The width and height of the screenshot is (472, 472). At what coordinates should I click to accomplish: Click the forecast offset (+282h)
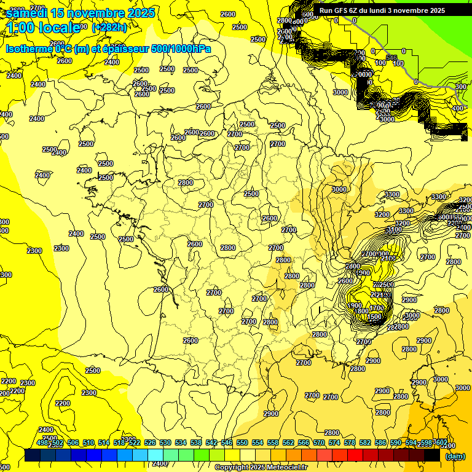coord(109,27)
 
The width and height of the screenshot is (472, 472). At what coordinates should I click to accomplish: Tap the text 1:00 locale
coord(43,27)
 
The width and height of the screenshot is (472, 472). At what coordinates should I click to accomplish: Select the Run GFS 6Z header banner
coord(382,10)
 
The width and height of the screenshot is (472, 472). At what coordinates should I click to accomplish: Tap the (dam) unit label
coord(455,455)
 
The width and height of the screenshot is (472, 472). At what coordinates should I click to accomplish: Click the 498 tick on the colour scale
coord(42,442)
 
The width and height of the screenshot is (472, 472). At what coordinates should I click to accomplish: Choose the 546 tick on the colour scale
coord(226,442)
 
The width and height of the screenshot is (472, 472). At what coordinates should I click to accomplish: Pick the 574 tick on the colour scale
coord(334,442)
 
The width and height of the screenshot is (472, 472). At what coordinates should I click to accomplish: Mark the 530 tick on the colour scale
coord(165,442)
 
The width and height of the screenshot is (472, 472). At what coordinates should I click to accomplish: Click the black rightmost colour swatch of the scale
coord(432,455)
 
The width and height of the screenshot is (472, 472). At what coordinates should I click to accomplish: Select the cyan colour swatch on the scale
coord(155,455)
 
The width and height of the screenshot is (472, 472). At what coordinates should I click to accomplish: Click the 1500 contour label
coord(374,316)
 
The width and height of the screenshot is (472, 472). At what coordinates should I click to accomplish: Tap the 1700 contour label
coord(377,308)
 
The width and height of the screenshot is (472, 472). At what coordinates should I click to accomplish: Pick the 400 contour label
coord(457,108)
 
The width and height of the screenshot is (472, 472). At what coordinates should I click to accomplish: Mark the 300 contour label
coord(460,87)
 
